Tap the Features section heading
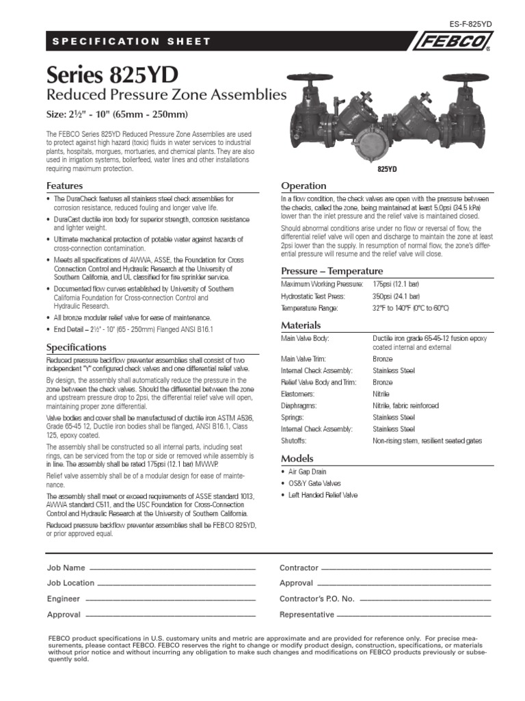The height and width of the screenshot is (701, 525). (x=64, y=186)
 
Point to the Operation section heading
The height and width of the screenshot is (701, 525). (x=304, y=186)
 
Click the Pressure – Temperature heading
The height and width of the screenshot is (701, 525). (x=332, y=270)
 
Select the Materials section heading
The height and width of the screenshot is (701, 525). (x=301, y=325)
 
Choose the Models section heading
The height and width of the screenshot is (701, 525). (x=297, y=458)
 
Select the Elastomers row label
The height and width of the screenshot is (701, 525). (x=298, y=394)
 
